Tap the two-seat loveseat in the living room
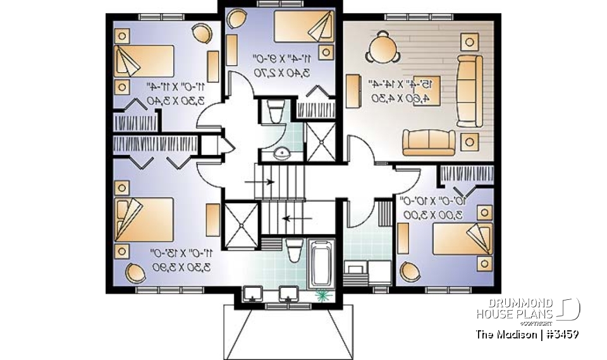pos(429,142)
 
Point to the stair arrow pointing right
pos(260,182)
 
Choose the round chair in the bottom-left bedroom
pos(135,274)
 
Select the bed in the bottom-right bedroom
pos(458,237)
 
